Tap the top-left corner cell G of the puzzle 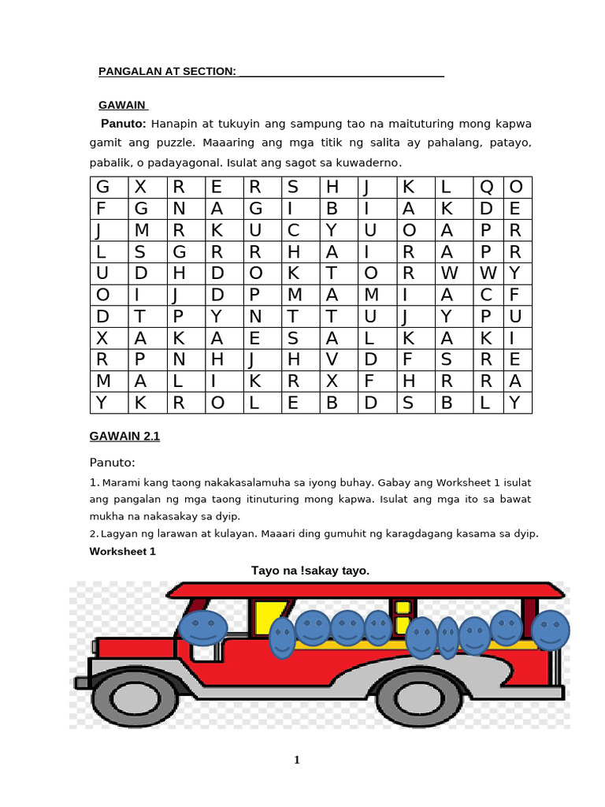tap(102, 188)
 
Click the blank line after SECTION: tap(341, 73)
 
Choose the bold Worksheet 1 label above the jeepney tap(122, 551)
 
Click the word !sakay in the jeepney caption tap(317, 570)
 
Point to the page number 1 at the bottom tap(297, 760)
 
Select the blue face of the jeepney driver tap(203, 627)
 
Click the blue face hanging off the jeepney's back tap(550, 630)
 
